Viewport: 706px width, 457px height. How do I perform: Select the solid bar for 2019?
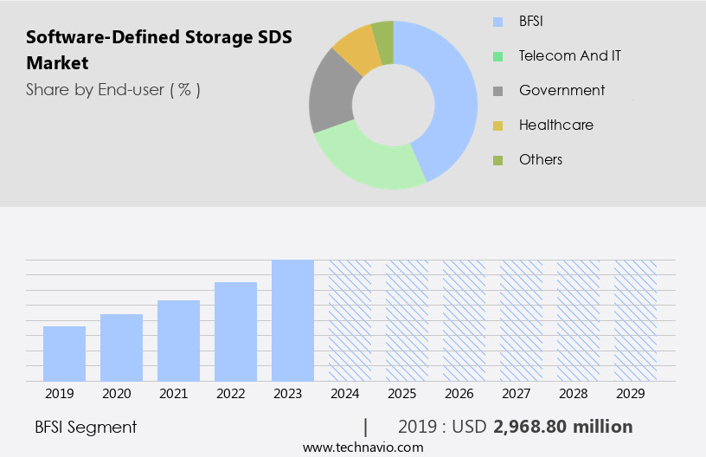pos(64,353)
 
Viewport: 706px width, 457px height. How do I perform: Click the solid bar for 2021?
pos(178,340)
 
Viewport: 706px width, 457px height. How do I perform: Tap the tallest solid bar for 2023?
pos(292,320)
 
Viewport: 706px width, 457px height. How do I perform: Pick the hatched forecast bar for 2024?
pos(350,320)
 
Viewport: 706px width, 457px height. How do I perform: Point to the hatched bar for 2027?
pos(521,320)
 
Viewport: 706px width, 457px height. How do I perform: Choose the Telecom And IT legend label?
pos(569,55)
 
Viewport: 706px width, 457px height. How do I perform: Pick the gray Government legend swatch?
pos(497,91)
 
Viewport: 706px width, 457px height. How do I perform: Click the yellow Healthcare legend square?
pos(497,126)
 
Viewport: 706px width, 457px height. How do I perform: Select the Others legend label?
pos(541,159)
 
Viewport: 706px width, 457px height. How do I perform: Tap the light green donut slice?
pos(368,160)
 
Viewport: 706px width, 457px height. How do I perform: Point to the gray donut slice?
pos(331,95)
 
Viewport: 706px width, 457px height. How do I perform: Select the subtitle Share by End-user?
pos(112,89)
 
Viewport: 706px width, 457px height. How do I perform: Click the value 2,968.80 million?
pos(562,427)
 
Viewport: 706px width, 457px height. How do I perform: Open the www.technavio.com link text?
pos(363,447)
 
